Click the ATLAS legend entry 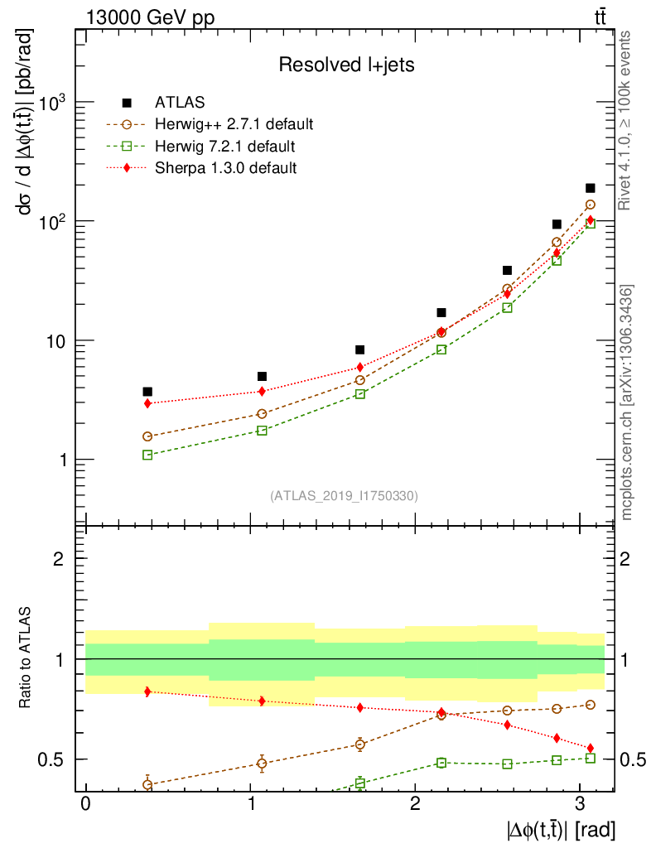coord(180,103)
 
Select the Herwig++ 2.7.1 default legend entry coord(234,125)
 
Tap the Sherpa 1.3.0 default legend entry coord(225,168)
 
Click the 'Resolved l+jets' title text coord(345,65)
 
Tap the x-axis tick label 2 coord(414,804)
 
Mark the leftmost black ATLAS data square coord(147,392)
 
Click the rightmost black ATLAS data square coord(590,188)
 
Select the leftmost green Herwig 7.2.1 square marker coord(147,455)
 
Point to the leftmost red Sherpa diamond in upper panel coord(147,403)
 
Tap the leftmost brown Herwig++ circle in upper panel coord(147,436)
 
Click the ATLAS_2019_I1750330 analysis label coord(344,496)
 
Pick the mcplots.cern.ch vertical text coord(627,402)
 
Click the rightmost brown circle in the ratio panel coord(590,705)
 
